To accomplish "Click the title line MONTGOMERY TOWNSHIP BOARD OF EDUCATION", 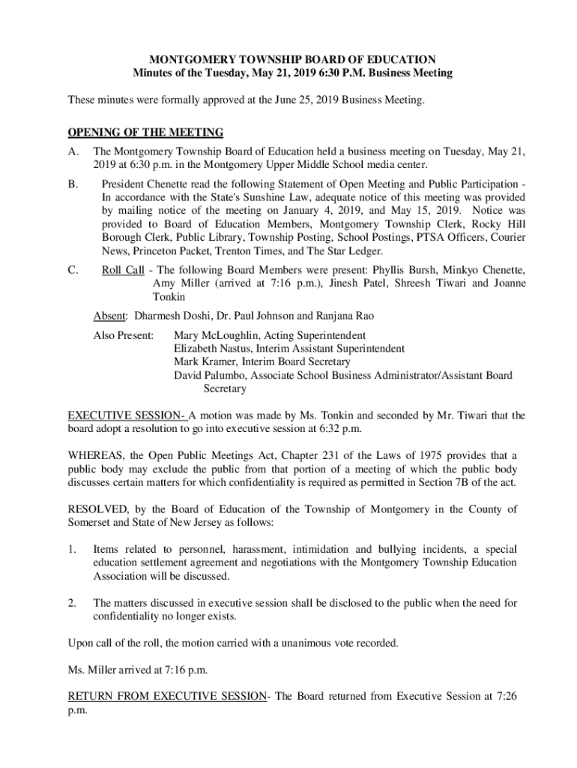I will tap(288, 58).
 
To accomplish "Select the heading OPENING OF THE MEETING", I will tap(145, 133).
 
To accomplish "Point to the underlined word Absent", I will tap(109, 316).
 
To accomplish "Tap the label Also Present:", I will tap(124, 334).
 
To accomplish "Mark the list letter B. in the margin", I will tap(73, 184).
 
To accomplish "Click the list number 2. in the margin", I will tap(73, 603).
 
